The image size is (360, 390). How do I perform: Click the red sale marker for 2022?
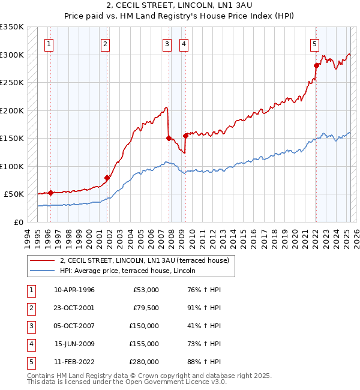(316, 65)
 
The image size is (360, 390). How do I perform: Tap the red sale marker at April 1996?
(50, 193)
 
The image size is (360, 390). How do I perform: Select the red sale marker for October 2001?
(107, 178)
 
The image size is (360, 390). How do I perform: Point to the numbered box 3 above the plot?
(166, 43)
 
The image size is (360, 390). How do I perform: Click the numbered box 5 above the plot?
(314, 43)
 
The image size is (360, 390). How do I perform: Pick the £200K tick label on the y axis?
(12, 110)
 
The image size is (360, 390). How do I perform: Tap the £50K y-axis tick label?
(14, 194)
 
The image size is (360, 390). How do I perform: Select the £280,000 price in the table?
(144, 362)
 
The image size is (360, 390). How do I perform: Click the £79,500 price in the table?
(146, 308)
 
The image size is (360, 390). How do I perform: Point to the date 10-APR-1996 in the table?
(74, 290)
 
